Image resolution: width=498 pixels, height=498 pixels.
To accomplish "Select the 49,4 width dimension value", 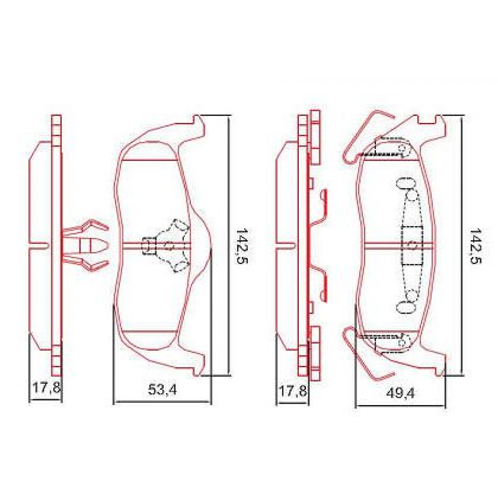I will pos(400,393).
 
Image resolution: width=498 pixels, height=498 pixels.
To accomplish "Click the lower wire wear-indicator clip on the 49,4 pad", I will pos(367,353).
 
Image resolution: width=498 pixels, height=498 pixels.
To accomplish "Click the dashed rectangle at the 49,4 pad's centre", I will pos(412,246).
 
